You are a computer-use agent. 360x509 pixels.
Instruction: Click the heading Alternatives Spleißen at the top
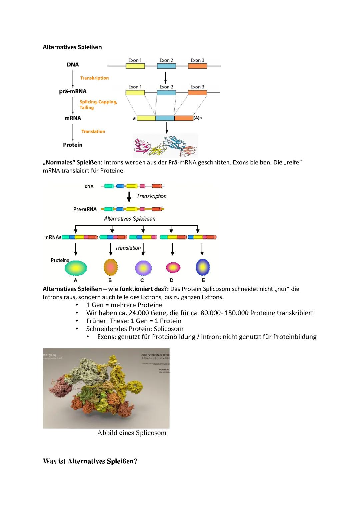pyautogui.click(x=72, y=47)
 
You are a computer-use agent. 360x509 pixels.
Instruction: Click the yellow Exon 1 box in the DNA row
pyautogui.click(x=135, y=66)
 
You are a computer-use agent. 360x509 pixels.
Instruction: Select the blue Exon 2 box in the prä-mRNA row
pyautogui.click(x=166, y=93)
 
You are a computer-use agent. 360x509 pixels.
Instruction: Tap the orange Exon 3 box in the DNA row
pyautogui.click(x=197, y=66)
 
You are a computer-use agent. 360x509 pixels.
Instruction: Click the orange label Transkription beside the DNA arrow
pyautogui.click(x=94, y=78)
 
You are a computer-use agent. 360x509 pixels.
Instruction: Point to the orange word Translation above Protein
pyautogui.click(x=93, y=132)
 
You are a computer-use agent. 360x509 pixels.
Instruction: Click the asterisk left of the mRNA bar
pyautogui.click(x=134, y=119)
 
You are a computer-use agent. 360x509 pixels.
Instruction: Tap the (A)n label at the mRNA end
pyautogui.click(x=198, y=118)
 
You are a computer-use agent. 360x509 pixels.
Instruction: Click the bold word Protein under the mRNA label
pyautogui.click(x=73, y=145)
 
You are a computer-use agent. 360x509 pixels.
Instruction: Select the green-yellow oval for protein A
pyautogui.click(x=76, y=267)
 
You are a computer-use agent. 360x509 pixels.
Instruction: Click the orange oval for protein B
pyautogui.click(x=111, y=267)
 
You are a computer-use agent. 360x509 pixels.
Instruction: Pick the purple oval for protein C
pyautogui.click(x=143, y=268)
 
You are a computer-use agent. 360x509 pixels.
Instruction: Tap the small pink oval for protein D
pyautogui.click(x=173, y=267)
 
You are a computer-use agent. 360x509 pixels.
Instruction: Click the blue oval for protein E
pyautogui.click(x=203, y=267)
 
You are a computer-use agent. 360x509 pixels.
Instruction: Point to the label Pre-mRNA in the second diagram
pyautogui.click(x=85, y=209)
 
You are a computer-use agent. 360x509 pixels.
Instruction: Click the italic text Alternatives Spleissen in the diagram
pyautogui.click(x=130, y=219)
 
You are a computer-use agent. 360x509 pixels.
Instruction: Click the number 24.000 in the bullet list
pyautogui.click(x=138, y=313)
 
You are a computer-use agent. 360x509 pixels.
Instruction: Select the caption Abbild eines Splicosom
pyautogui.click(x=132, y=433)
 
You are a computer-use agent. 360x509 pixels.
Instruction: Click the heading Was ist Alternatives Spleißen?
pyautogui.click(x=90, y=461)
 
